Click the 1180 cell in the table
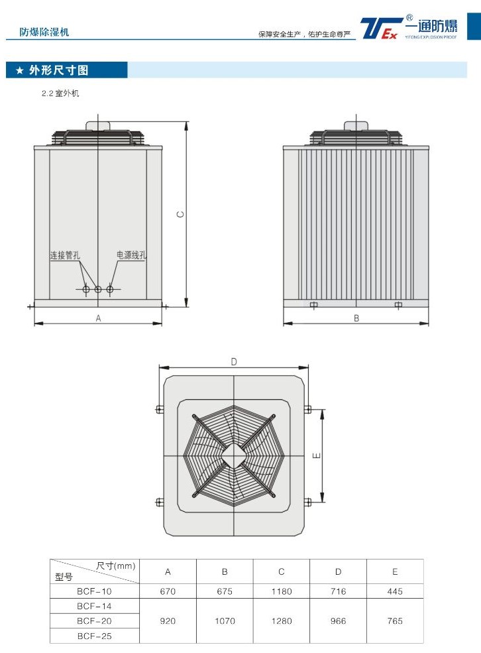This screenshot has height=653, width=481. pyautogui.click(x=282, y=591)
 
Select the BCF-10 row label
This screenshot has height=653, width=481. pyautogui.click(x=94, y=591)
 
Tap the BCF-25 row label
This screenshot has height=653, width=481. pyautogui.click(x=95, y=636)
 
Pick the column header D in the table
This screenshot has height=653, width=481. pyautogui.click(x=338, y=572)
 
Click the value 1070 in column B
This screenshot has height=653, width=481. pyautogui.click(x=225, y=621)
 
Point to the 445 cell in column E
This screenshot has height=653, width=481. pyautogui.click(x=395, y=591)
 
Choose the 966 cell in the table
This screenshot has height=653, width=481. pyautogui.click(x=338, y=621)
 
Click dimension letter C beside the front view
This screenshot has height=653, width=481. pyautogui.click(x=180, y=214)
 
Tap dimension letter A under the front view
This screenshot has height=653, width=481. pyautogui.click(x=98, y=318)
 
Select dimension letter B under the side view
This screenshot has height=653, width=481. pyautogui.click(x=356, y=318)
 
